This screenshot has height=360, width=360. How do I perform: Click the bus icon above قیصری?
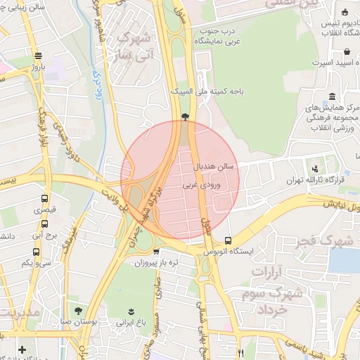point(45,199)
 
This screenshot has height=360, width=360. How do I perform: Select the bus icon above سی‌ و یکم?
point(36,252)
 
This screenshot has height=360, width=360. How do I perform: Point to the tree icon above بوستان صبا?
point(78,311)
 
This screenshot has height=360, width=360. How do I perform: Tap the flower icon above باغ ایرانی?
point(131,311)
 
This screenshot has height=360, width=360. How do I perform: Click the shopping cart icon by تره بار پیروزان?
point(156,252)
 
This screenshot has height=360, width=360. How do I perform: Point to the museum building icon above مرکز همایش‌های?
point(331,96)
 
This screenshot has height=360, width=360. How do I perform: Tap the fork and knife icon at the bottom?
point(241,352)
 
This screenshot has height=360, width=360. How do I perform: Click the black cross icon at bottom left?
point(22,349)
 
